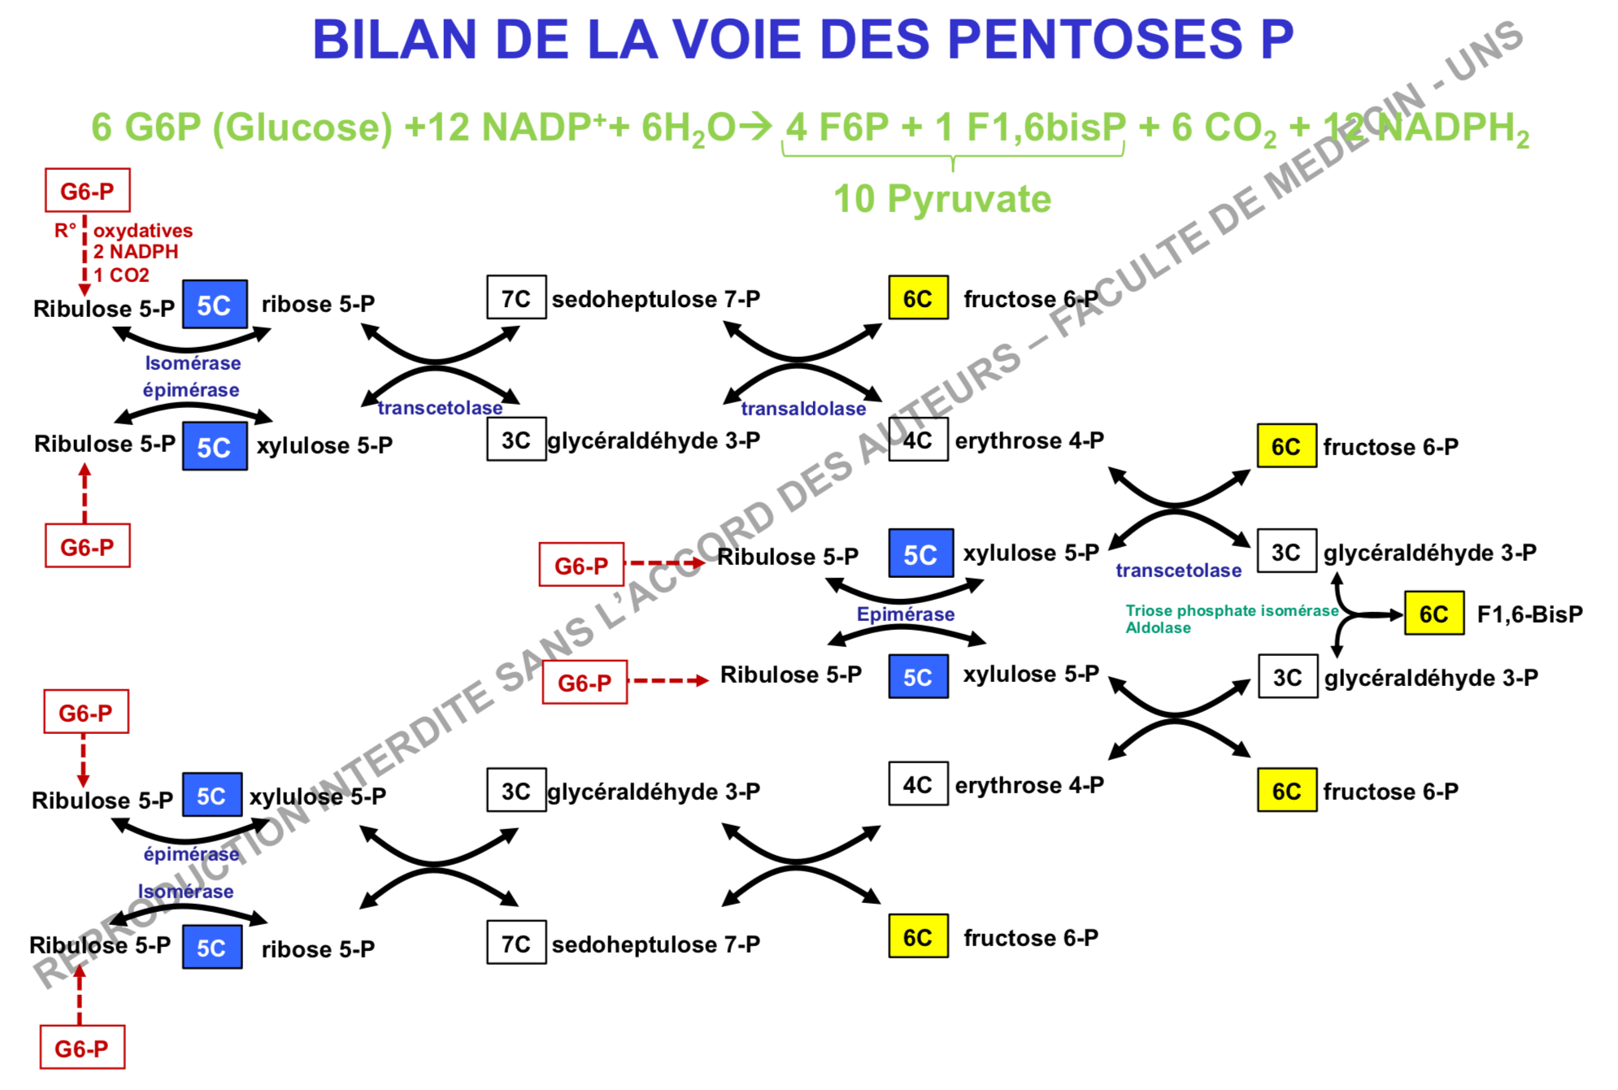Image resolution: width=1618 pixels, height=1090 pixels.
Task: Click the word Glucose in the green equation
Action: (302, 128)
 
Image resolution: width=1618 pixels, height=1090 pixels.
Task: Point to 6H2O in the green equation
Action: (688, 128)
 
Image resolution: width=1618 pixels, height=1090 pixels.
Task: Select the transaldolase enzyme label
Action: (803, 409)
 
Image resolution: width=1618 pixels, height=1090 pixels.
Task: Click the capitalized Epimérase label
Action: (905, 614)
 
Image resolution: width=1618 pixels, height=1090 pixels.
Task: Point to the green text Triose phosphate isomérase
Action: (1231, 610)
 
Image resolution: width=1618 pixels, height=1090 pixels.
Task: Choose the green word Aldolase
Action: (1158, 628)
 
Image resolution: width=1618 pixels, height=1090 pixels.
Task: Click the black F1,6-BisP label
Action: (1529, 614)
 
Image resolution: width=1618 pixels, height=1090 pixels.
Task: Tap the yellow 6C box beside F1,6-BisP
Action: (1433, 614)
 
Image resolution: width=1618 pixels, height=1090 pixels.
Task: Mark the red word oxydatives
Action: (143, 231)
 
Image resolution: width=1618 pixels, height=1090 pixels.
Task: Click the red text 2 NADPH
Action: (136, 252)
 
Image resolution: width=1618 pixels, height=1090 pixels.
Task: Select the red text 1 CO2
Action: (121, 276)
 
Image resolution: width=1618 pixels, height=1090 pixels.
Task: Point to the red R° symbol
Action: (65, 231)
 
